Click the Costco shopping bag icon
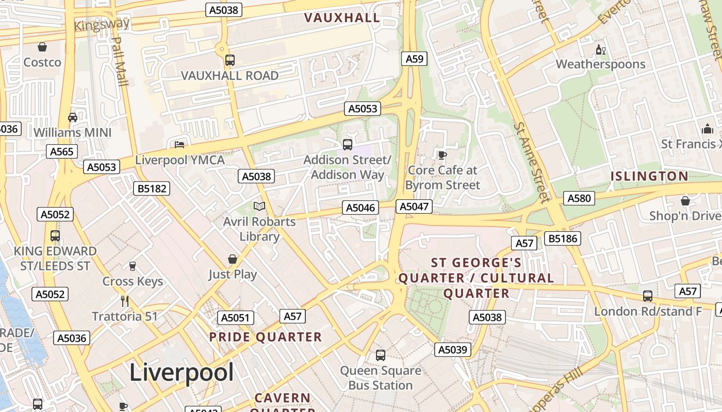click(x=42, y=47)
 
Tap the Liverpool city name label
click(x=182, y=372)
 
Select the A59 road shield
click(x=415, y=59)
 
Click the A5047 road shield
click(x=414, y=207)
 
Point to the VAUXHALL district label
click(x=342, y=18)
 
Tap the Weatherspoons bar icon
click(x=601, y=50)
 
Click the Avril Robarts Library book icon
click(x=259, y=207)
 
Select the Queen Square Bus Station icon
click(x=380, y=355)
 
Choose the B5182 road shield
click(x=152, y=188)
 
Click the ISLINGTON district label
click(x=650, y=176)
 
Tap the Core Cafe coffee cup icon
click(x=442, y=155)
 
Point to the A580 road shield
click(x=579, y=198)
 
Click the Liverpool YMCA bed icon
click(x=179, y=145)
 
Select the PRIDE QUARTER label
click(x=265, y=337)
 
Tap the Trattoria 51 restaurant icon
click(x=124, y=301)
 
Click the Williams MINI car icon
click(x=73, y=117)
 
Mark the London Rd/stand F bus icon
click(x=648, y=296)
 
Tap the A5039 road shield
click(x=452, y=350)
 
